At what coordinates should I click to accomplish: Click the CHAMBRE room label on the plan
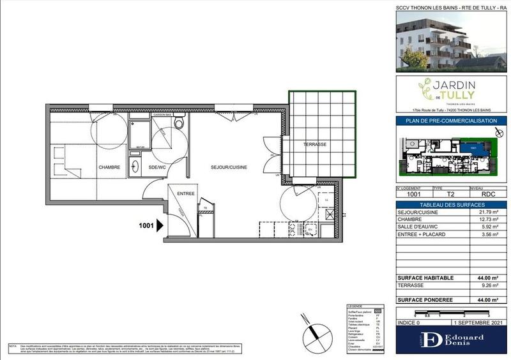110,167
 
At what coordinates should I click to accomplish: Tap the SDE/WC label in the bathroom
157,167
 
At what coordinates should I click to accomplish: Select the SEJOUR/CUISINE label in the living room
229,167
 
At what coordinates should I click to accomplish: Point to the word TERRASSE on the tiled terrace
315,144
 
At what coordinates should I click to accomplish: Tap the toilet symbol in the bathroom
180,122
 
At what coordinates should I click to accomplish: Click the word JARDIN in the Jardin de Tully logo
453,85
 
